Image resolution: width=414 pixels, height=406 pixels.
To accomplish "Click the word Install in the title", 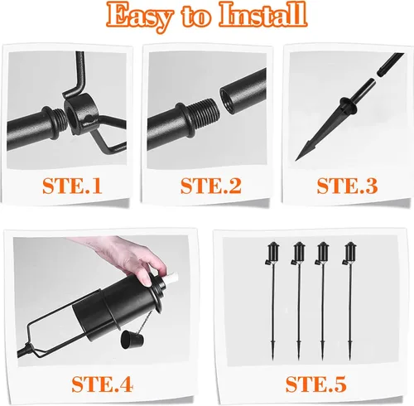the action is [x=263, y=14].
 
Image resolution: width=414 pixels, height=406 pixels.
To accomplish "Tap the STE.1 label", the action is [x=72, y=186].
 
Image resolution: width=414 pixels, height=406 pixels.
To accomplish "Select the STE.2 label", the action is [x=211, y=186].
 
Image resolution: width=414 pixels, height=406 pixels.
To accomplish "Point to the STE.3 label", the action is [x=347, y=186].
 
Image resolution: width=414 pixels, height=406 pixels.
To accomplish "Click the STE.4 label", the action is [x=103, y=384].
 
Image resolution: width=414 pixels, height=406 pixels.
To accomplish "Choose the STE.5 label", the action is [x=315, y=384].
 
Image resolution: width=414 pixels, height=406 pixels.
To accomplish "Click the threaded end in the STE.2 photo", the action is [x=205, y=113].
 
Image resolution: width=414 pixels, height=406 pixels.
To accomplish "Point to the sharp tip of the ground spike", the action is [x=296, y=160].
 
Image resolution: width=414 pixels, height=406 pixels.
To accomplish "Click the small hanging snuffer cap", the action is [x=130, y=339].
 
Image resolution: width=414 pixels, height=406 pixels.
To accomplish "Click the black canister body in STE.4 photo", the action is [x=118, y=305].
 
